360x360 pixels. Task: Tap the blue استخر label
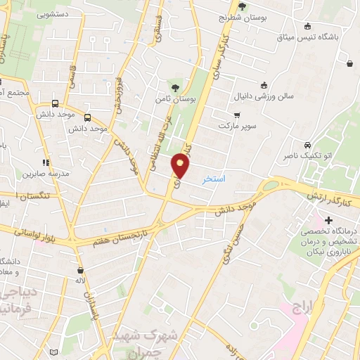214,179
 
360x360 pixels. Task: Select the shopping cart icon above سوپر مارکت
236,115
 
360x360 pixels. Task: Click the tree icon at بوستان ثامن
174,88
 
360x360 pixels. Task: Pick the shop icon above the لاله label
80,269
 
